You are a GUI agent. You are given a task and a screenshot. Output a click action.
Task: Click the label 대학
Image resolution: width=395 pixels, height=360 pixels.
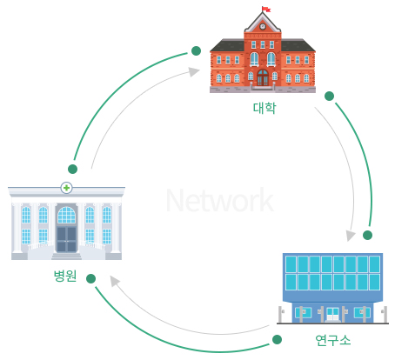pyautogui.click(x=264, y=108)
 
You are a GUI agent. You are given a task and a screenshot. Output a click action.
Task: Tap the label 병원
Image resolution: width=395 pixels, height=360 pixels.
pyautogui.click(x=65, y=276)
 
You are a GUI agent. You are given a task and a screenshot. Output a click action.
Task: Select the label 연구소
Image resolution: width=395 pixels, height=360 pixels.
pyautogui.click(x=333, y=340)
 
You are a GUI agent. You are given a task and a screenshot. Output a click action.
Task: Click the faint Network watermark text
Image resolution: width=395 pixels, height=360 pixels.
pyautogui.click(x=220, y=200)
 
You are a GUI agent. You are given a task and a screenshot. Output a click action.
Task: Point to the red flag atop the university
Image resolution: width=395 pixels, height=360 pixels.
pyautogui.click(x=266, y=10)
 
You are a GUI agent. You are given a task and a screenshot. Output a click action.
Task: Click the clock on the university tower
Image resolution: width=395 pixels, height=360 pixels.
pyautogui.click(x=263, y=26)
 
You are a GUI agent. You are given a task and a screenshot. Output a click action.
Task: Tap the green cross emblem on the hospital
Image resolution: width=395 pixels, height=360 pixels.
pyautogui.click(x=66, y=188)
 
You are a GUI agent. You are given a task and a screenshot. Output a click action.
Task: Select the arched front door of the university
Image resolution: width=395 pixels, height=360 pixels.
pyautogui.click(x=263, y=77)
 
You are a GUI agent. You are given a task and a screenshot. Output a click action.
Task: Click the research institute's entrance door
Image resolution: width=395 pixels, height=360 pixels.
pyautogui.click(x=332, y=314)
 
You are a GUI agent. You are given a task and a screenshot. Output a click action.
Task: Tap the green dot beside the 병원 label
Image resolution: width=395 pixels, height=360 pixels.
pyautogui.click(x=90, y=278)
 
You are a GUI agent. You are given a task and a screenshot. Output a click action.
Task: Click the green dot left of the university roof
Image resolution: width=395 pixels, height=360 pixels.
pyautogui.click(x=197, y=50)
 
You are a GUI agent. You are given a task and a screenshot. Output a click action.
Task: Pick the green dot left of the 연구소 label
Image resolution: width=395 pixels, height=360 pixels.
pyautogui.click(x=277, y=339)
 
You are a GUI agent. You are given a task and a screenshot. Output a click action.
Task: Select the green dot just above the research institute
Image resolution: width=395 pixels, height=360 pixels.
pyautogui.click(x=367, y=235)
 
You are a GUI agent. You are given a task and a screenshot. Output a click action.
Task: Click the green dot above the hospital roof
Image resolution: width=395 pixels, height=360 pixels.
pyautogui.click(x=72, y=169)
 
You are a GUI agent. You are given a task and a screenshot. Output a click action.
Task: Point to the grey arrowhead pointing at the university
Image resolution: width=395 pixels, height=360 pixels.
pyautogui.click(x=194, y=71)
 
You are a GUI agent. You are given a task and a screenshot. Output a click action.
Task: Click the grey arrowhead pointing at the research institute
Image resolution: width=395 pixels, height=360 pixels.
pyautogui.click(x=351, y=235)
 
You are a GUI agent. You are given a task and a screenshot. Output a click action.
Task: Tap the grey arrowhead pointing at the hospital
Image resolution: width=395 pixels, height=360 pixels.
pyautogui.click(x=115, y=281)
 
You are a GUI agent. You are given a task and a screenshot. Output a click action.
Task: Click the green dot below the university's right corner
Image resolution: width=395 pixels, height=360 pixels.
pyautogui.click(x=329, y=96)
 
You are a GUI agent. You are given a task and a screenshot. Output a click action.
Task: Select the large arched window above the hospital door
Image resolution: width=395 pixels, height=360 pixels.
pyautogui.click(x=66, y=215)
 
